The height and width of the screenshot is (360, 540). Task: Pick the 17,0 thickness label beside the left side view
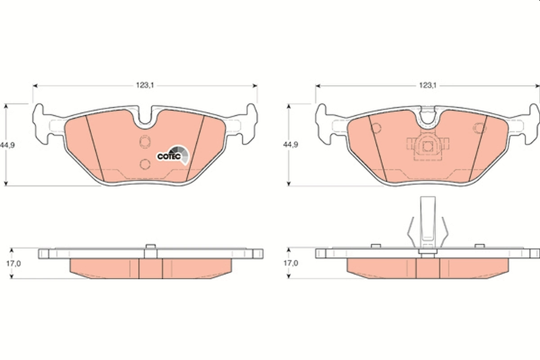coord(14,264)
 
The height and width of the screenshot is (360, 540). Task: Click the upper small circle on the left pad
coord(145,142)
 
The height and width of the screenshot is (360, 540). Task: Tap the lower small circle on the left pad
coord(145,164)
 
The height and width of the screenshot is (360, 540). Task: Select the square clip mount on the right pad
coord(426,147)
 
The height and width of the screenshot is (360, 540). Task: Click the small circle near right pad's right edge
coord(480,128)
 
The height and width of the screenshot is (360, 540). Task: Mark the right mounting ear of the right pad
coord(531,124)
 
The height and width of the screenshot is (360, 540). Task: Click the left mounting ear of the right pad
coord(324,124)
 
